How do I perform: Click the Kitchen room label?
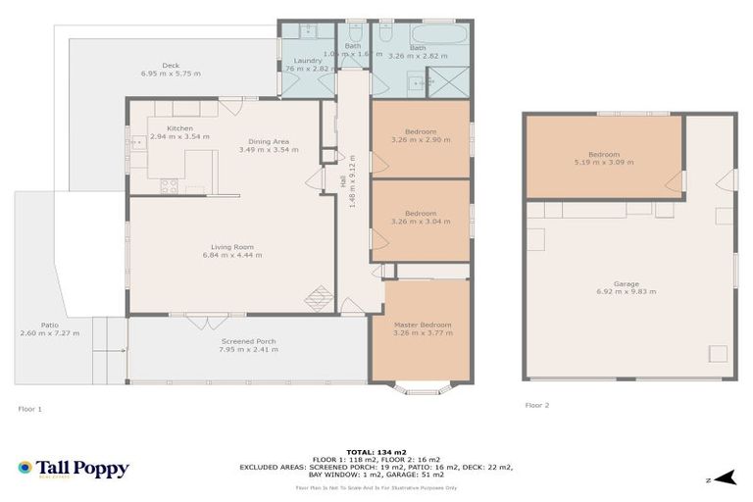(x=179, y=128)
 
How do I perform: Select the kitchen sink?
(x=134, y=143)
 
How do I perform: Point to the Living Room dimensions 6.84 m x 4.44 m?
(x=232, y=255)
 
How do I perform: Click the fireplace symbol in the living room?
(x=319, y=297)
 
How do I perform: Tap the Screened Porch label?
(x=248, y=341)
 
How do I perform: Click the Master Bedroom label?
(x=422, y=325)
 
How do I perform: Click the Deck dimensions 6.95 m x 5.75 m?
(x=171, y=74)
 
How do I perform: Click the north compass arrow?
(x=724, y=478)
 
